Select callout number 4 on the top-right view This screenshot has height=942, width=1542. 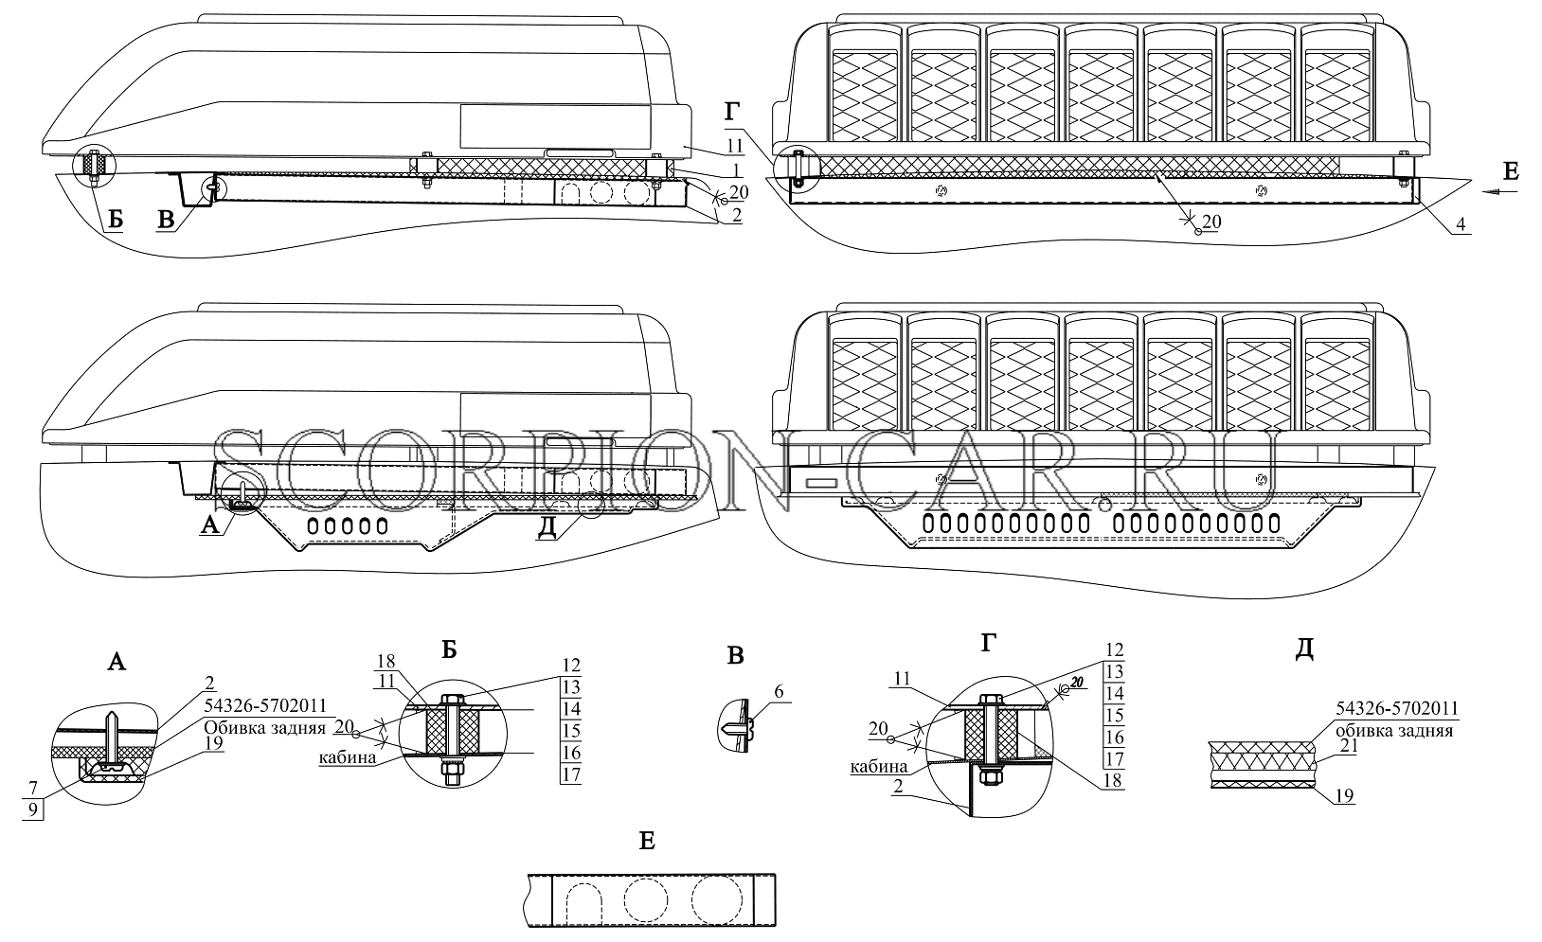1461,223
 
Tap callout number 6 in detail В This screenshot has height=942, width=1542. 779,691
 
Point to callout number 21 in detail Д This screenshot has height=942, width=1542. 1349,746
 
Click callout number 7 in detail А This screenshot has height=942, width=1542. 32,787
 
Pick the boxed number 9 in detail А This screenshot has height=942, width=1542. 33,809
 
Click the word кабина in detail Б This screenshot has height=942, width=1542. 347,757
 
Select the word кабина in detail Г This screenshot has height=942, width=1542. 879,767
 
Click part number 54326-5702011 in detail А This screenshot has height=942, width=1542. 265,705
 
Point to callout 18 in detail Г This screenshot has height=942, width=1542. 1112,780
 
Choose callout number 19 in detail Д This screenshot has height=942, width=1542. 1344,796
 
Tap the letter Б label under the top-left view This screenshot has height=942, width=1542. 116,220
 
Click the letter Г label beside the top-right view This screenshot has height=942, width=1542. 732,112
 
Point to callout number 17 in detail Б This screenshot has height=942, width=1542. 571,774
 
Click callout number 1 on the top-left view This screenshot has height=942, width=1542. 735,169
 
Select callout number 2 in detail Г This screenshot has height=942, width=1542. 898,788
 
